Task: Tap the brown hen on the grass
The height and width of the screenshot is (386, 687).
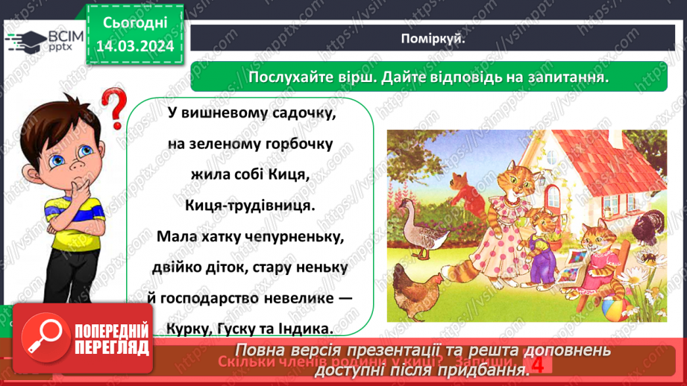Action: [418, 287]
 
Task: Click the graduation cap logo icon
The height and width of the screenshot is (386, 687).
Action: [25, 39]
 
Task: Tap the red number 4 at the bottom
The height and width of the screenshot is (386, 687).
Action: [536, 363]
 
